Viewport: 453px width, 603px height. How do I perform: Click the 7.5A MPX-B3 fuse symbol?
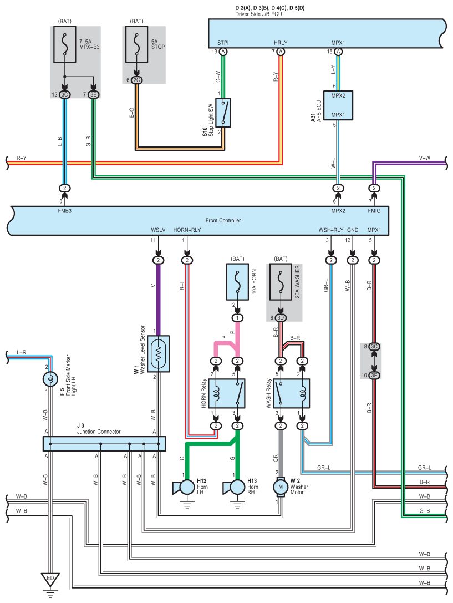64,44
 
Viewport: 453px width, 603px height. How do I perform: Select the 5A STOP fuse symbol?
136,44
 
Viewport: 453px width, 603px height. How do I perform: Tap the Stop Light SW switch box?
223,113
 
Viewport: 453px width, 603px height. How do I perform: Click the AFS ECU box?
338,105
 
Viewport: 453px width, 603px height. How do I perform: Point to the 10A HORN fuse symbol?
237,282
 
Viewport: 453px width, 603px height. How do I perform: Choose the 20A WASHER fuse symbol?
281,282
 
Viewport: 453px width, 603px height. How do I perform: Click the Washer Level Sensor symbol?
158,354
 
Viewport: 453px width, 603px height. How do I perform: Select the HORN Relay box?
227,394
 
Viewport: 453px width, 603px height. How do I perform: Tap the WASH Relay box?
291,394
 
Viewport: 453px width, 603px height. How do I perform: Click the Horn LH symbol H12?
184,487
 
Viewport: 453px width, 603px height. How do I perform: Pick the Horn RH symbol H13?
234,487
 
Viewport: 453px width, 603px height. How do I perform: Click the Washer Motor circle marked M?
281,487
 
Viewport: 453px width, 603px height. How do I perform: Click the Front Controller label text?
223,220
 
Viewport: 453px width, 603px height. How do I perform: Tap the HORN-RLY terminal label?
187,230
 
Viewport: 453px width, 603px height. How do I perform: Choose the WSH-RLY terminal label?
331,230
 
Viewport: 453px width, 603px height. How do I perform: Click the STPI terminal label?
223,43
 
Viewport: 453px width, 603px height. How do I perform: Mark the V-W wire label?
425,158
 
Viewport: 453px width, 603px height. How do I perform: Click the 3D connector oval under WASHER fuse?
281,318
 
